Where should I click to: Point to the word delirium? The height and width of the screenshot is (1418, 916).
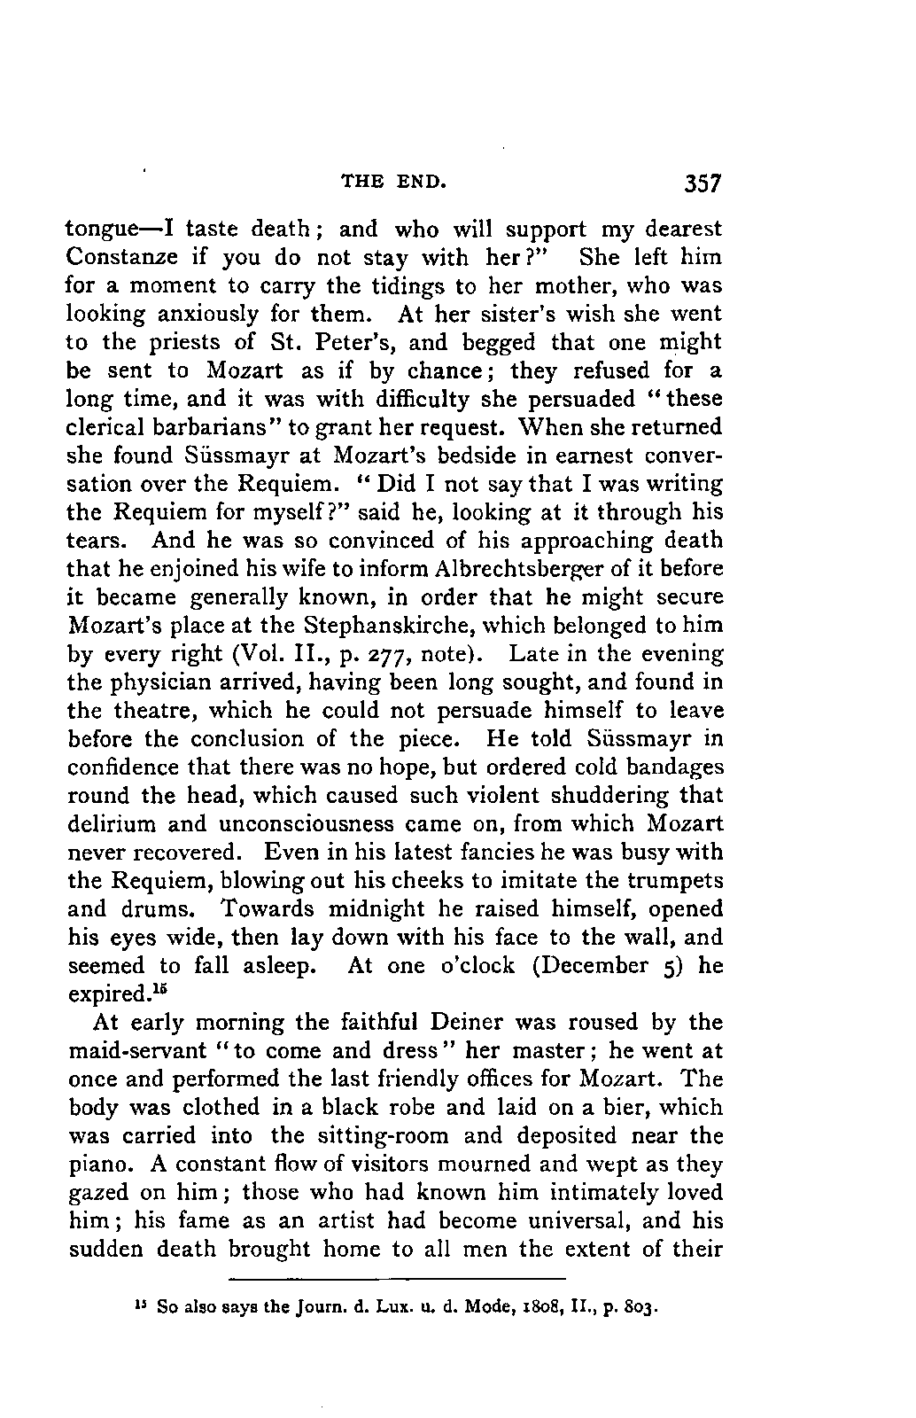111,824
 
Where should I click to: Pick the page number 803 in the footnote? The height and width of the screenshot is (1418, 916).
639,1308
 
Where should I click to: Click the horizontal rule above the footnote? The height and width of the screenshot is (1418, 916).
397,1279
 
